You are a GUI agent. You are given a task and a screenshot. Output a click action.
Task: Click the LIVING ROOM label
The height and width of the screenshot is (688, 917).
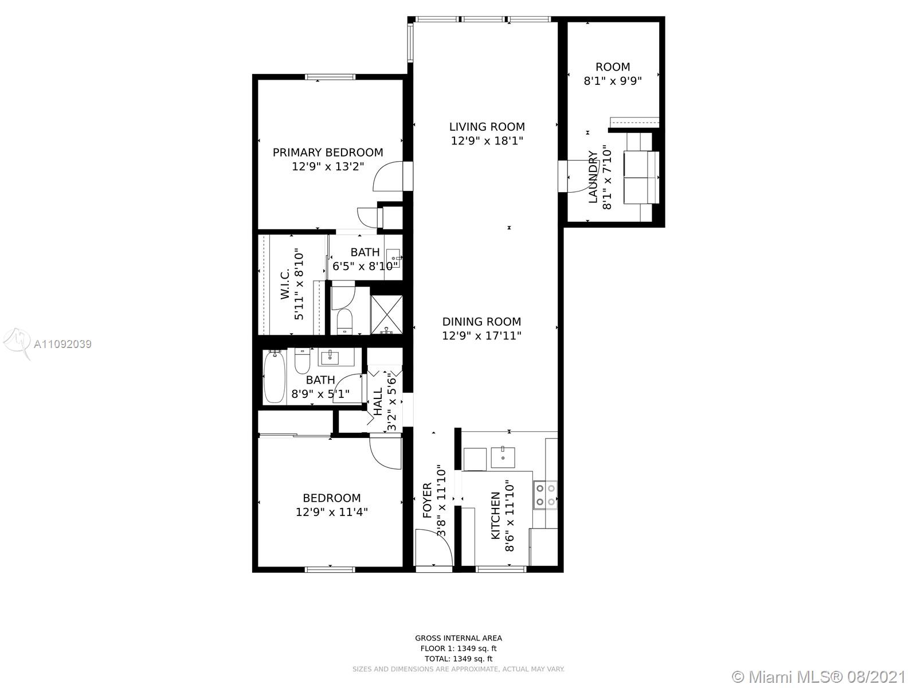(487, 127)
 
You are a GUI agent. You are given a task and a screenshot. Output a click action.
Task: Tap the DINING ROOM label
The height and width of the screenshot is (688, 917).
(481, 322)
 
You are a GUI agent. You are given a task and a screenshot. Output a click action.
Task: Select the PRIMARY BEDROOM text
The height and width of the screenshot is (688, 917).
(328, 153)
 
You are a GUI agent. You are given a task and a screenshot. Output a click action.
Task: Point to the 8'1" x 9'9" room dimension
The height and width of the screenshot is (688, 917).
(613, 81)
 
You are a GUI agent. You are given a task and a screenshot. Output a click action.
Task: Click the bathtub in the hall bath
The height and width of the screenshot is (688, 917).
(275, 377)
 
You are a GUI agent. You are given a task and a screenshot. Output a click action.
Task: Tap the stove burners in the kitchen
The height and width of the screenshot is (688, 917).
(545, 495)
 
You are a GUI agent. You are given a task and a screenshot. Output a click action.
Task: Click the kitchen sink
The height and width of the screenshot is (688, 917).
(503, 458)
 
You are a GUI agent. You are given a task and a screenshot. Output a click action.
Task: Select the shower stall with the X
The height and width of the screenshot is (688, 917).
(387, 314)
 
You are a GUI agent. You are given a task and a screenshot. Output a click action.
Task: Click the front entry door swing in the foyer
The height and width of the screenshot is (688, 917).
(434, 547)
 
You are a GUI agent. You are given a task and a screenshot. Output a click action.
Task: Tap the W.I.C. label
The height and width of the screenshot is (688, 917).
(285, 284)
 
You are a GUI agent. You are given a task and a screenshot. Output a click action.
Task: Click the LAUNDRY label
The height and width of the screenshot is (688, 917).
(593, 177)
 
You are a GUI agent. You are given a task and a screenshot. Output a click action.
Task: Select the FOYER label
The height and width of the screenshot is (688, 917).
(427, 501)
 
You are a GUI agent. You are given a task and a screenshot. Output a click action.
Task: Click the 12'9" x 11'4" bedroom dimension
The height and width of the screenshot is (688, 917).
(332, 512)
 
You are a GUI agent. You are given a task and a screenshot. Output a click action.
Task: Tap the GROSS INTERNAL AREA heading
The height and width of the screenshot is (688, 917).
(458, 638)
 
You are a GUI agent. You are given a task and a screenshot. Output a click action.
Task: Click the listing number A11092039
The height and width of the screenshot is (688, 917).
(62, 344)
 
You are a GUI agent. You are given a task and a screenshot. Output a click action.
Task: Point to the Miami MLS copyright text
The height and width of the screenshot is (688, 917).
(820, 677)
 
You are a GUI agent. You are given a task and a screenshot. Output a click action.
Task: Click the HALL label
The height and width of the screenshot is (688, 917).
(378, 402)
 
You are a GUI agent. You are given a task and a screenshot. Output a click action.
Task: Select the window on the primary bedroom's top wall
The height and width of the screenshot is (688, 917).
(330, 77)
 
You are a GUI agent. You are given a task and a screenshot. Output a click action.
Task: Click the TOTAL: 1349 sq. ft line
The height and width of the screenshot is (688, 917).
(458, 659)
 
